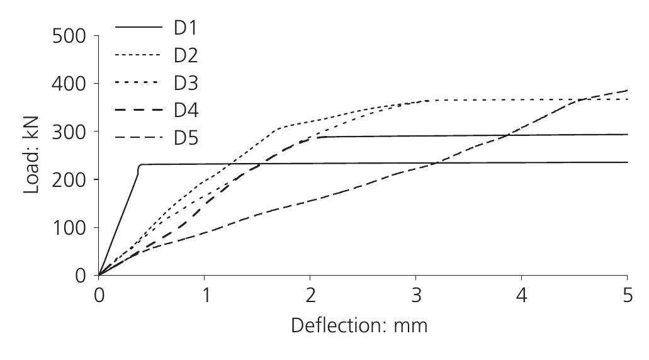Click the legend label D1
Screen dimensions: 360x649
point(186,28)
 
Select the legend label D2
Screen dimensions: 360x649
point(186,55)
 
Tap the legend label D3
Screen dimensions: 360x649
point(186,82)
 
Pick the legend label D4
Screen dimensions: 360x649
point(186,110)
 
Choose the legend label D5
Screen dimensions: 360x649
point(186,137)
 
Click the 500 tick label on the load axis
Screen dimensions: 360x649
point(69,36)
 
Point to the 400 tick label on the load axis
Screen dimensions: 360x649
point(69,84)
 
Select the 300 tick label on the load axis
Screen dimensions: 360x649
point(69,132)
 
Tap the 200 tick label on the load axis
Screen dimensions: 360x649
point(69,179)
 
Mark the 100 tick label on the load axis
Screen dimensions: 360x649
point(69,227)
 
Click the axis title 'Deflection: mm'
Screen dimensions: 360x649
point(359,326)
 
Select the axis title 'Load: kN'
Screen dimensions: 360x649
point(32,154)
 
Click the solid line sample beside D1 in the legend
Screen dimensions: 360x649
point(138,28)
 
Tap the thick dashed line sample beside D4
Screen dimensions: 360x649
point(138,110)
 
